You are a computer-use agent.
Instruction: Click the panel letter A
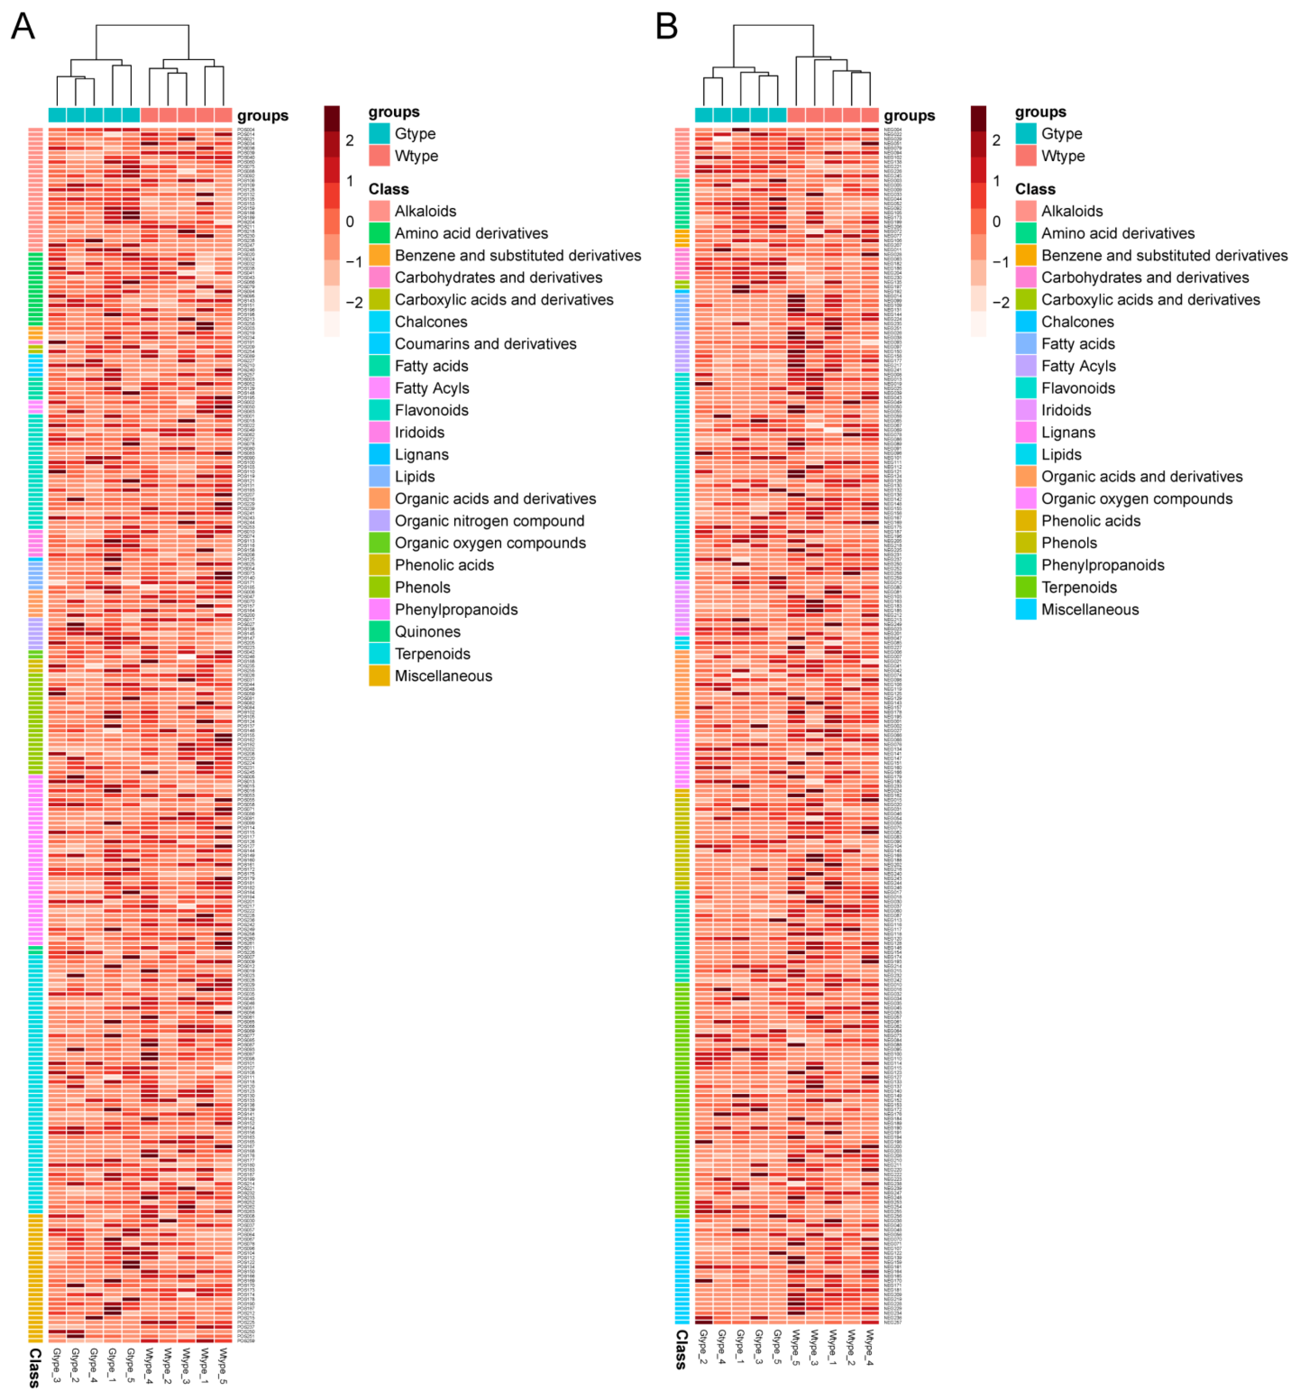click(23, 27)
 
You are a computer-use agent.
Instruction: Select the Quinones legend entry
click(427, 632)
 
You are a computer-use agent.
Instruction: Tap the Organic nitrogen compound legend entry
click(489, 521)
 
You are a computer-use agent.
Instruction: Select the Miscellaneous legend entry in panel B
click(1089, 609)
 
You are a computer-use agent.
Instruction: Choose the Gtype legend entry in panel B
click(1061, 134)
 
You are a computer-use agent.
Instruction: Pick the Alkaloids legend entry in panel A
click(425, 211)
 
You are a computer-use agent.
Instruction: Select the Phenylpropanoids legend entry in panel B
click(1102, 565)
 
